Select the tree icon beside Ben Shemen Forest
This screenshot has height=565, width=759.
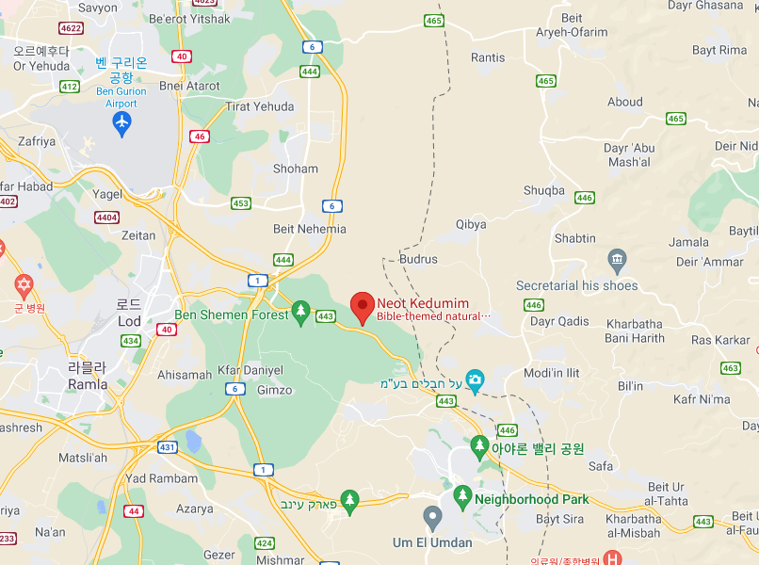coord(300,311)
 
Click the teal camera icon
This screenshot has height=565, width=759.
coord(475,379)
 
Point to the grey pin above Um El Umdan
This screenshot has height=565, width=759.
coord(432,517)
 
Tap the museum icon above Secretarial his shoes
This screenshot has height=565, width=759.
coord(617,258)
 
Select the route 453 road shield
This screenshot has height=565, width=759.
coord(241,203)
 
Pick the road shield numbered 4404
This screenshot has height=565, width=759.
coord(106,218)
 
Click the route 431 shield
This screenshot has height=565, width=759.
coord(167,447)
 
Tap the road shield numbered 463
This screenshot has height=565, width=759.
coord(730,368)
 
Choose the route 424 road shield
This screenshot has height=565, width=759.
coord(264,543)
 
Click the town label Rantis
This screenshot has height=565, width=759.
coord(488,57)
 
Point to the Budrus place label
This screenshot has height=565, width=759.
coord(418,259)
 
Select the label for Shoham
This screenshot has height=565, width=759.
coord(296,169)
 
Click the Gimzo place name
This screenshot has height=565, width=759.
coord(274,390)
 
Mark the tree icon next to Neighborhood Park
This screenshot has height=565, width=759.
coord(461,495)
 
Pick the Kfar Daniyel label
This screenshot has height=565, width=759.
coord(250,370)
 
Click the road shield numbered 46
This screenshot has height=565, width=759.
coord(199,137)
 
